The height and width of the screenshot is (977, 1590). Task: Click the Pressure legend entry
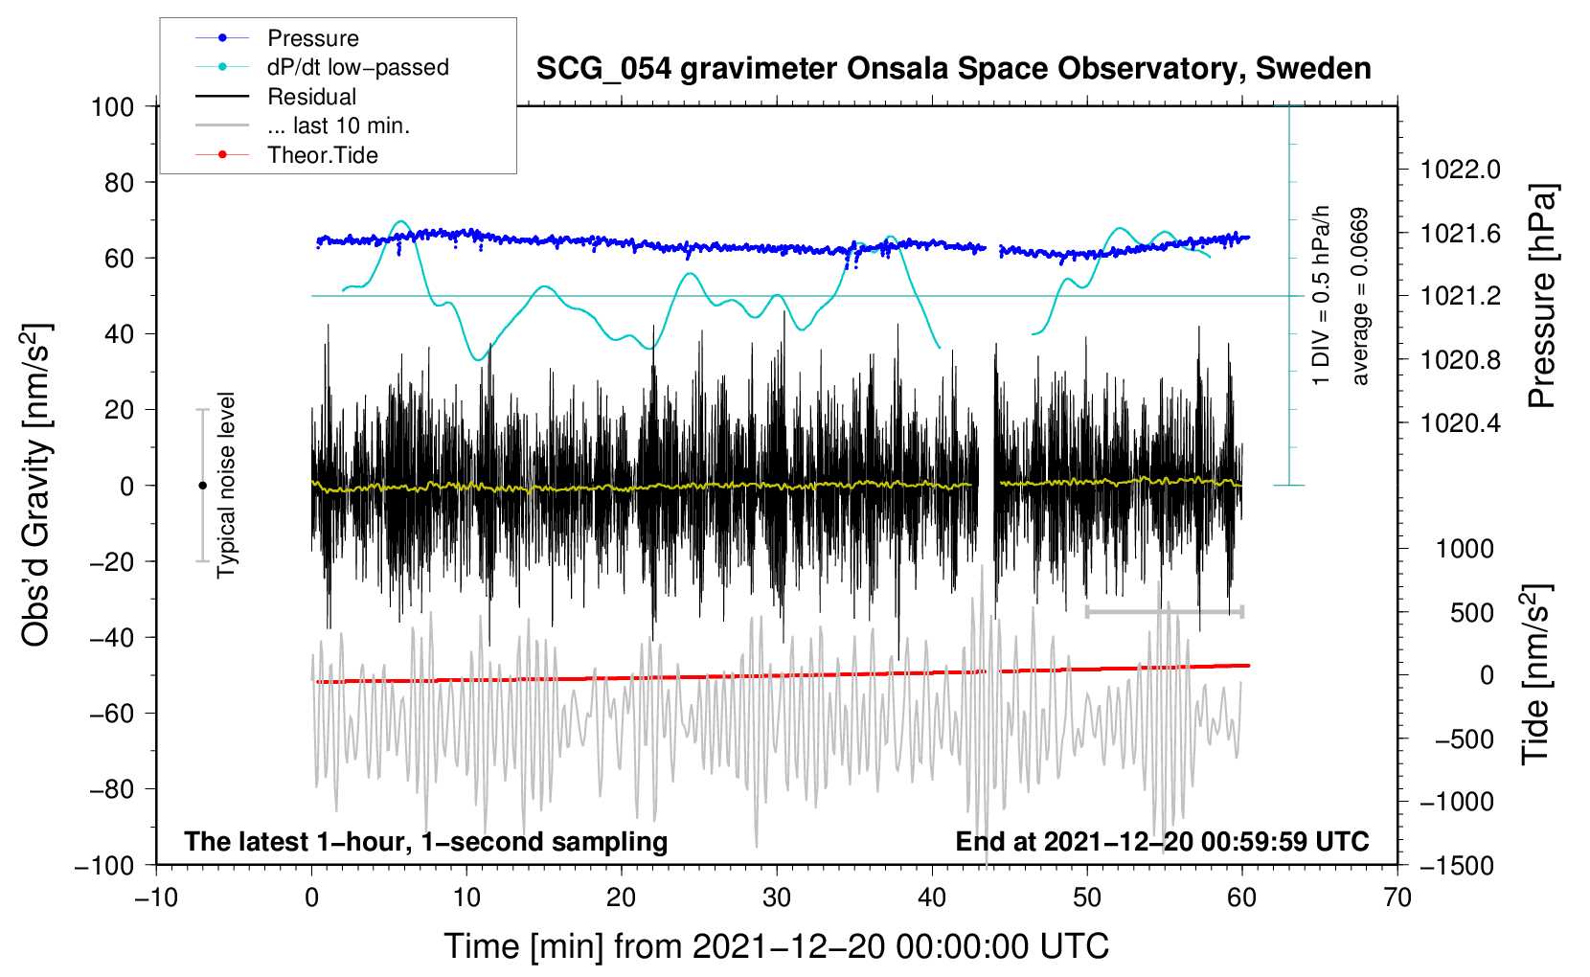(x=277, y=37)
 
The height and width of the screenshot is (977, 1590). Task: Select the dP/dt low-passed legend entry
(x=322, y=67)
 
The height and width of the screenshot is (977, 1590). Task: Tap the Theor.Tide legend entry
(x=286, y=155)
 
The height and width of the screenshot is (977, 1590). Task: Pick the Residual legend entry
(x=276, y=97)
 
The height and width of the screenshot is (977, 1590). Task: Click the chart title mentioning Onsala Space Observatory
(x=953, y=69)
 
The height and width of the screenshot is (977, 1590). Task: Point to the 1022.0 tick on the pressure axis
(x=1461, y=170)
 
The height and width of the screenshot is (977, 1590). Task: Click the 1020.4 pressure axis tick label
(x=1461, y=423)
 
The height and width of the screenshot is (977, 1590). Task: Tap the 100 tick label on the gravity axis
(x=113, y=107)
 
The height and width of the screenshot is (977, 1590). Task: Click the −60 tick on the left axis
(x=111, y=714)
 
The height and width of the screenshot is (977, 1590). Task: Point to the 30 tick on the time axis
(x=777, y=898)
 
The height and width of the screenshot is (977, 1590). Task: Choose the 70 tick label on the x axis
(x=1397, y=898)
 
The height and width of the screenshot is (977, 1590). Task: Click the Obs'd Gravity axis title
(x=35, y=485)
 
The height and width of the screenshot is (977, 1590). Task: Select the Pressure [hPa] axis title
(x=1542, y=296)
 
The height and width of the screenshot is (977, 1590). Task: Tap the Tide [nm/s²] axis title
(x=1536, y=674)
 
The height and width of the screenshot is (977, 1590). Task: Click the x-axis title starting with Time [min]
(x=777, y=947)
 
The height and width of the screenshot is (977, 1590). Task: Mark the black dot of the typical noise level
(x=202, y=486)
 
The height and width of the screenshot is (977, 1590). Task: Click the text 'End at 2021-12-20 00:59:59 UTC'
(x=1162, y=841)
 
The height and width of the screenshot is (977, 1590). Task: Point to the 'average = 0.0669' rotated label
(x=1359, y=297)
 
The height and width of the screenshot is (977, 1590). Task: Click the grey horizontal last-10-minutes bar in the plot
(x=1165, y=612)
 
